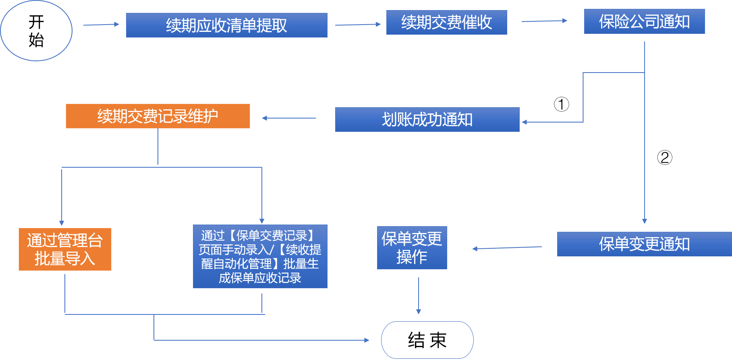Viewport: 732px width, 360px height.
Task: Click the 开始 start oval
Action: [36, 31]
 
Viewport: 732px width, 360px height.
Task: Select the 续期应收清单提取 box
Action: [226, 25]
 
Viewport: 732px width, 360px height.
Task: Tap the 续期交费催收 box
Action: [446, 22]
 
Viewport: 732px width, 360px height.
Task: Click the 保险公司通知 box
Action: [644, 21]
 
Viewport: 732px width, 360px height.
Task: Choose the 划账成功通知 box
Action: [427, 119]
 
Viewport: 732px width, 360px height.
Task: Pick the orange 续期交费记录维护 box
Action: [158, 116]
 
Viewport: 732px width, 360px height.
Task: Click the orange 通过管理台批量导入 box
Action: [65, 249]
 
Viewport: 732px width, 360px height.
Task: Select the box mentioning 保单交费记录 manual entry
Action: [260, 256]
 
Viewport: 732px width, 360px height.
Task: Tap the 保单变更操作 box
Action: [412, 248]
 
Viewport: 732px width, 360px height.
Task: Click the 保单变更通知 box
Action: [644, 244]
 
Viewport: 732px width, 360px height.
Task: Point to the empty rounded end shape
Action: [427, 340]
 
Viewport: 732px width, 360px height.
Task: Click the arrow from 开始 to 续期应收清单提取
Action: [101, 25]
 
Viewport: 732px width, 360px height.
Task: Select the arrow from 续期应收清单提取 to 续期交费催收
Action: [358, 25]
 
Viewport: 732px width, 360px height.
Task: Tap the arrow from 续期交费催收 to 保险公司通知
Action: [544, 21]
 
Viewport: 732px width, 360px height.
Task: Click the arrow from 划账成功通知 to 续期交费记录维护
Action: [289, 118]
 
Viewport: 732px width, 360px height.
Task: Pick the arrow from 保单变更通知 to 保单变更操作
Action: [507, 248]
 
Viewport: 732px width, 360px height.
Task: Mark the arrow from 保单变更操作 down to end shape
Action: [419, 295]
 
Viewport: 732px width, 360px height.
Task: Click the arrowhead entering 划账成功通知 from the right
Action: [525, 122]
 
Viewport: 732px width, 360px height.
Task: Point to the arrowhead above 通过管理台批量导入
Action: [62, 223]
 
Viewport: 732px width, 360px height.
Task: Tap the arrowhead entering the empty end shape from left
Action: [367, 340]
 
